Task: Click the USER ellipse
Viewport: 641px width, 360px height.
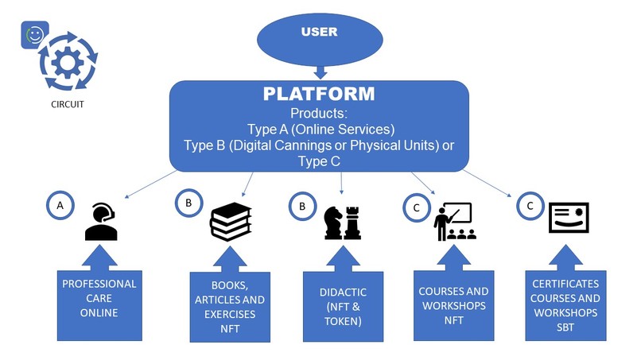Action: coord(320,39)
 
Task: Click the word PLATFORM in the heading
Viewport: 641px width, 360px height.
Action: coord(319,94)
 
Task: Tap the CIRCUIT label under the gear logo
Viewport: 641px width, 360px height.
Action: coord(68,104)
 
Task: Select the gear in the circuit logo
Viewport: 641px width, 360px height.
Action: coord(68,63)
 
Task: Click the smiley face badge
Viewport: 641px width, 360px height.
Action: coord(35,35)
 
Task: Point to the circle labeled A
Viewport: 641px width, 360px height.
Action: coord(60,205)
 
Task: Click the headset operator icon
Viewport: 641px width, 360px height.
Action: coord(101,222)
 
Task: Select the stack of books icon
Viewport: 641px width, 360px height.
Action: coord(231,221)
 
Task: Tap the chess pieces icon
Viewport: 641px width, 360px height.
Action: coord(343,223)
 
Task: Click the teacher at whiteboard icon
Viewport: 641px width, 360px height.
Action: coord(455,221)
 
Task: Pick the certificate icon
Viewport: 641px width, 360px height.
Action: coord(569,218)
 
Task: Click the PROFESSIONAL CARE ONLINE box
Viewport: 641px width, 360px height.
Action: coord(99,305)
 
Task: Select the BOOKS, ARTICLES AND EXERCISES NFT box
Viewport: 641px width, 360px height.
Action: coord(230,307)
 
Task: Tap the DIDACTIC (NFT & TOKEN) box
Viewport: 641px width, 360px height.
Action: coord(343,307)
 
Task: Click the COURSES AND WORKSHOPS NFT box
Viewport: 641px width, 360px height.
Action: coord(454,305)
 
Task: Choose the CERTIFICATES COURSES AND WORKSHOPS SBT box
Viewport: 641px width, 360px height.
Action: coord(565,305)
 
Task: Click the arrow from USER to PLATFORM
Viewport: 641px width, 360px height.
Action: coord(320,72)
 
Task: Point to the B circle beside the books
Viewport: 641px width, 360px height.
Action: coord(188,203)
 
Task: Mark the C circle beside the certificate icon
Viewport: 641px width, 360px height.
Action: coord(530,206)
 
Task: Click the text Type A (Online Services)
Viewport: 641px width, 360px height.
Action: coord(321,129)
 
